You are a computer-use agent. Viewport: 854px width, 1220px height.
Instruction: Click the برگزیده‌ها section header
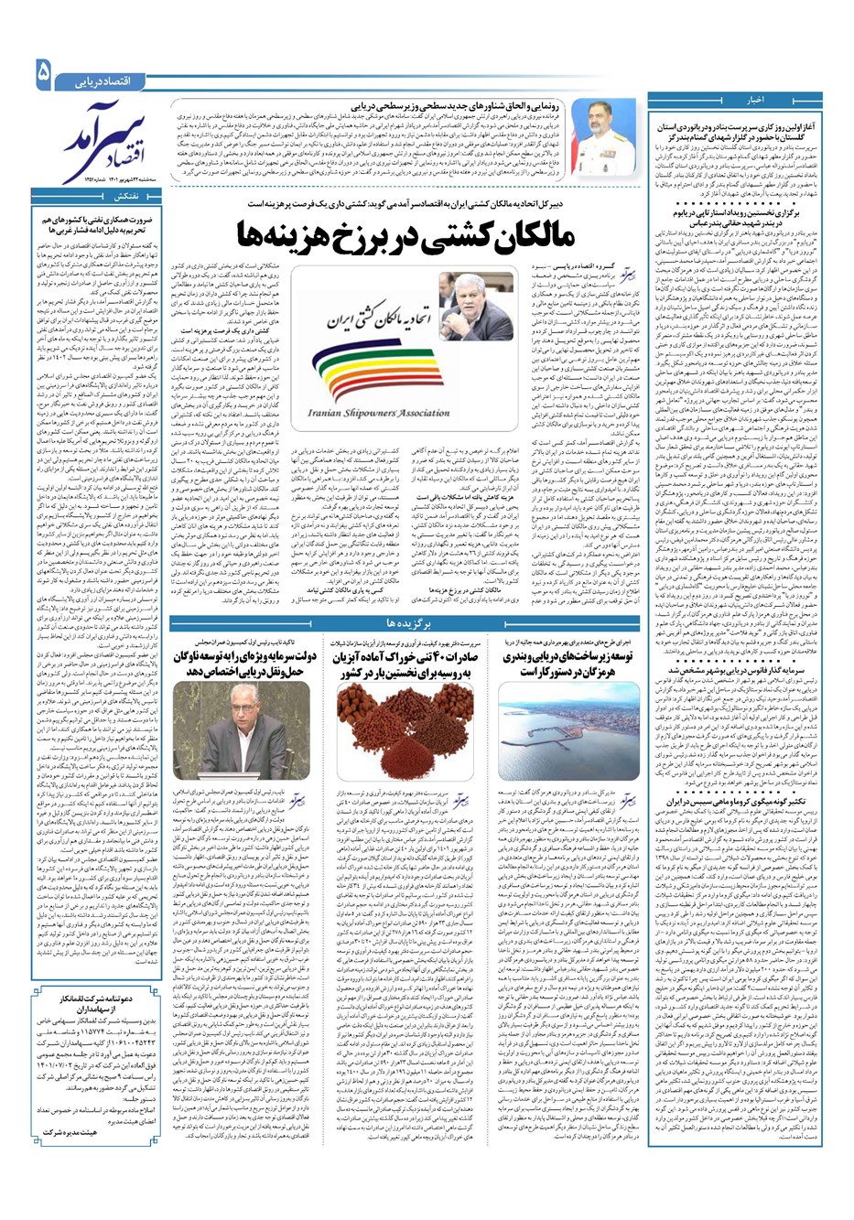coord(403,623)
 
